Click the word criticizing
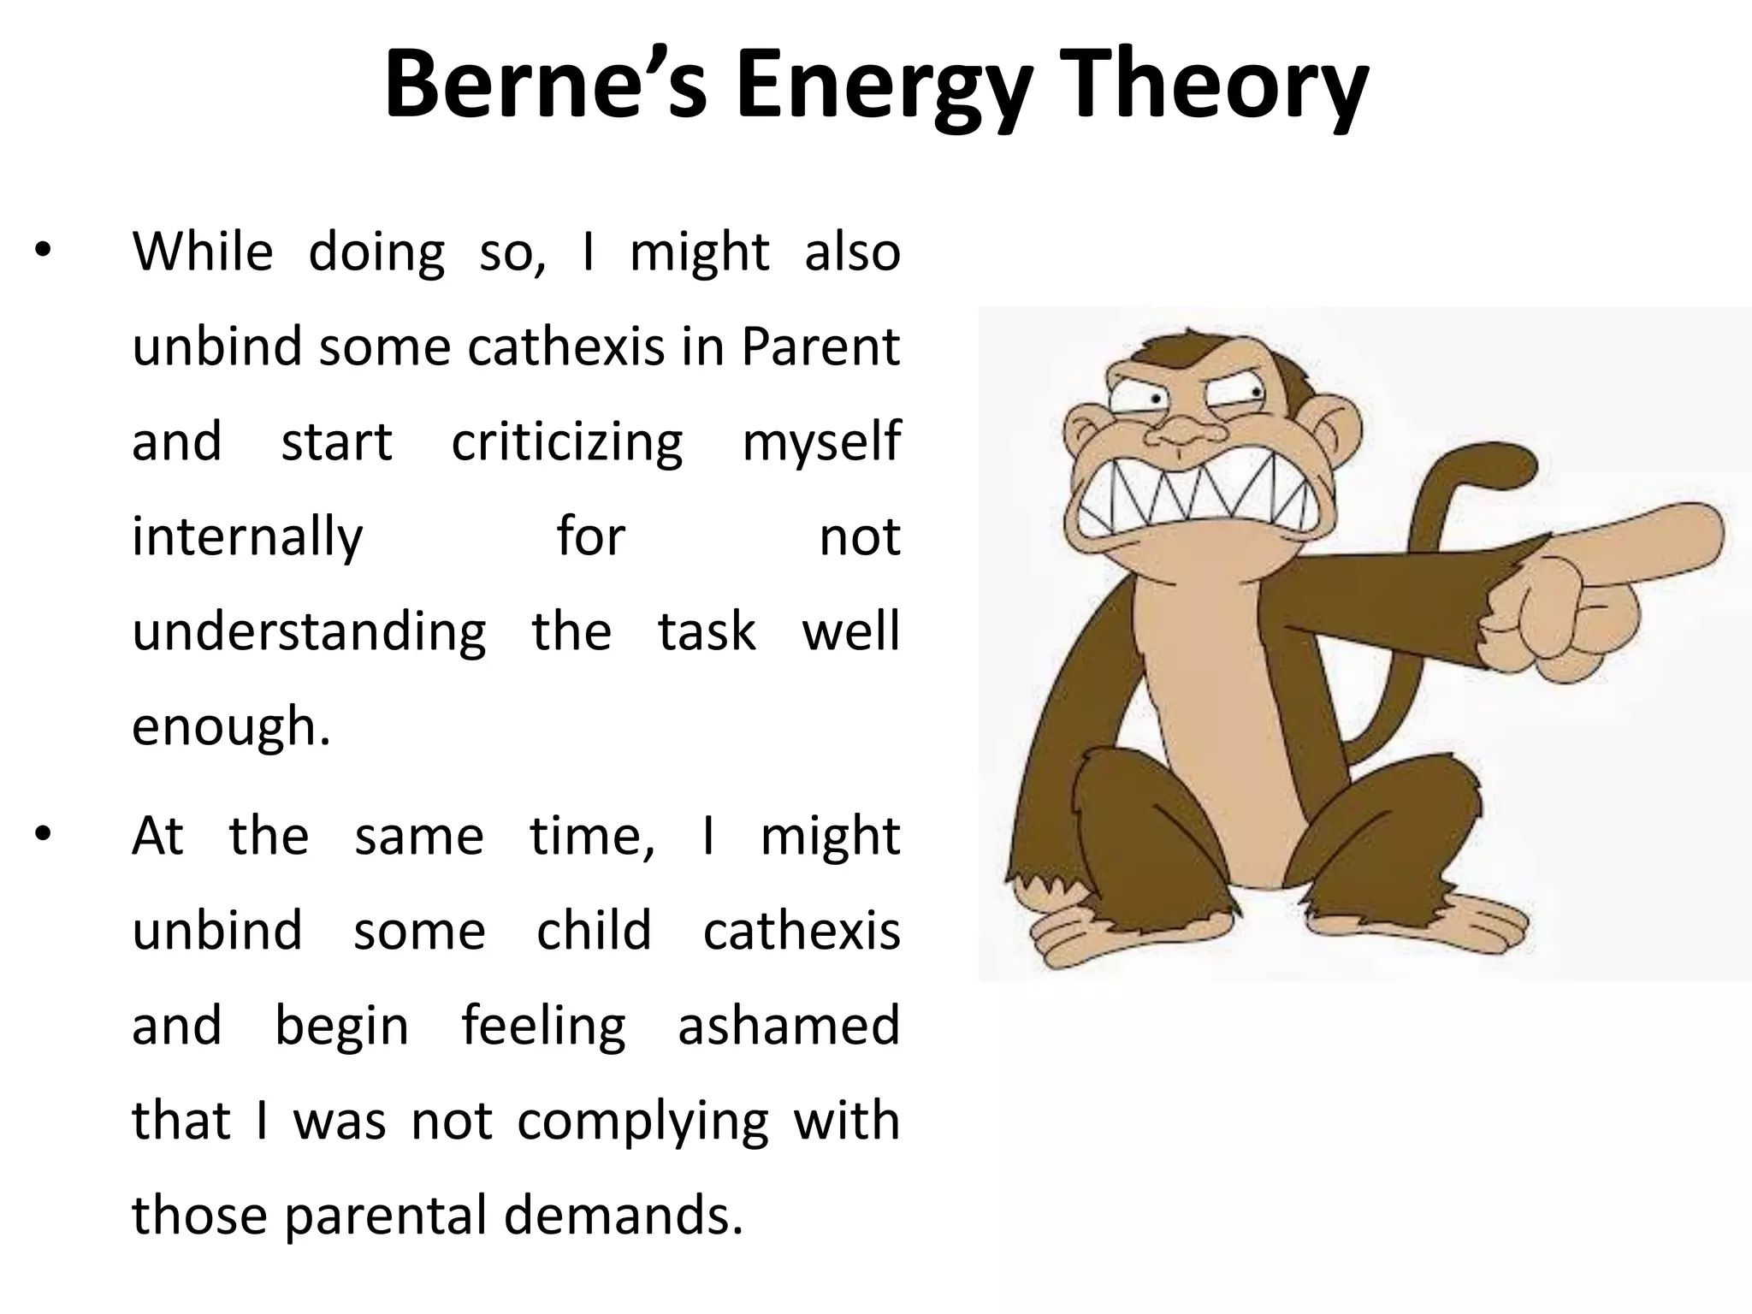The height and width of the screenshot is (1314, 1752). coord(567,442)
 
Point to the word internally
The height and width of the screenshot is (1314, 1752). coord(248,537)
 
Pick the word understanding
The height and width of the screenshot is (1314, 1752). coord(309,632)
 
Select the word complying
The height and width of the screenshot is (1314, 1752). coord(642,1121)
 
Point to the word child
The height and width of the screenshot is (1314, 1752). coord(594,930)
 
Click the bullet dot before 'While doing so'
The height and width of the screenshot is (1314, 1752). coord(44,252)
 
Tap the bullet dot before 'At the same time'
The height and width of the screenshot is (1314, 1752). coord(44,835)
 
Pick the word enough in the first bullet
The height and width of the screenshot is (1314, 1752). coord(229,726)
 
